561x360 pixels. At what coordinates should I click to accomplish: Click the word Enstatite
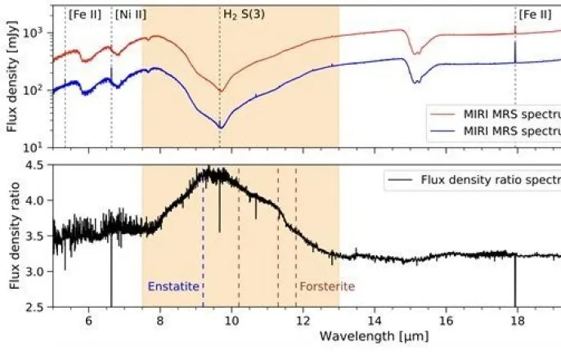[x=173, y=287]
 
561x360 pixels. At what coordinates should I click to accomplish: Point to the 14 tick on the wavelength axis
[x=374, y=320]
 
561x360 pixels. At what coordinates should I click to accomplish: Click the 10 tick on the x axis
[x=231, y=320]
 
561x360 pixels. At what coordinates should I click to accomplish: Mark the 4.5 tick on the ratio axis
[x=35, y=165]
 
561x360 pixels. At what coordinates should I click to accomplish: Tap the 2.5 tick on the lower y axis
[x=35, y=307]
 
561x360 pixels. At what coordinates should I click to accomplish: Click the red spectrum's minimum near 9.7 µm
[x=220, y=90]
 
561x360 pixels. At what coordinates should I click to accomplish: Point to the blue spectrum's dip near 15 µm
[x=417, y=81]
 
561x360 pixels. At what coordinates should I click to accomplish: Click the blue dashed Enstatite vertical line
[x=203, y=245]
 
